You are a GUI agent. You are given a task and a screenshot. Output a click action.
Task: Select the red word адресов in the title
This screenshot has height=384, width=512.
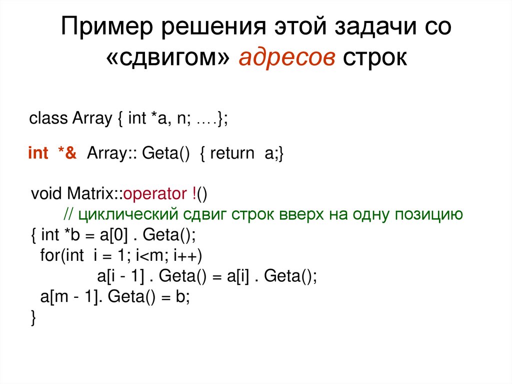287,59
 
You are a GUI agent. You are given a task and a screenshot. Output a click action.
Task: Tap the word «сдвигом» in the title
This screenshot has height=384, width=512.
169,59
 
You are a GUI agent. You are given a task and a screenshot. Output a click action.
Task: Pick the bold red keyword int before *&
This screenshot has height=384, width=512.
38,153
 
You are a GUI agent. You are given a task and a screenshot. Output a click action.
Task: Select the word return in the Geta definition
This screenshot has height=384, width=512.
232,153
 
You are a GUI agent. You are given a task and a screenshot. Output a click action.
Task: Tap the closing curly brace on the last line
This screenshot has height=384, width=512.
33,318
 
